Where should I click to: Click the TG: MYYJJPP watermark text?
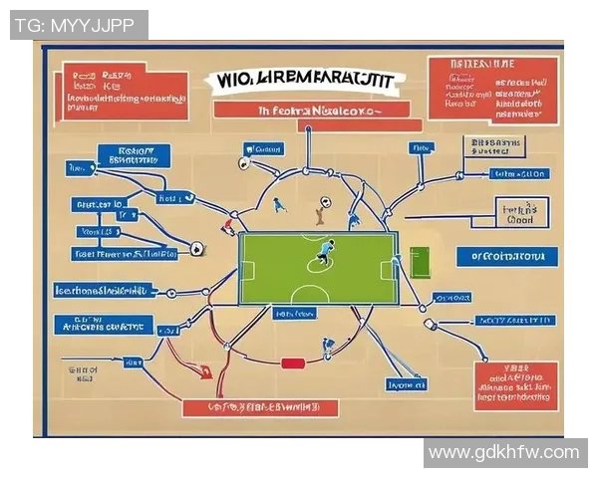click(78, 25)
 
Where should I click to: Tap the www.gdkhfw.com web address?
click(504, 453)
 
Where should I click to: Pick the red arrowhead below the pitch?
click(205, 374)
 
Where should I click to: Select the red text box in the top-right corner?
click(492, 91)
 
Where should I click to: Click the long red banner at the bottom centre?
click(260, 407)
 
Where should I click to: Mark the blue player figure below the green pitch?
click(327, 348)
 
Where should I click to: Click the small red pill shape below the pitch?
click(292, 363)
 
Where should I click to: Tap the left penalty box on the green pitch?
click(247, 269)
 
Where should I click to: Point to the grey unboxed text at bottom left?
click(82, 373)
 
